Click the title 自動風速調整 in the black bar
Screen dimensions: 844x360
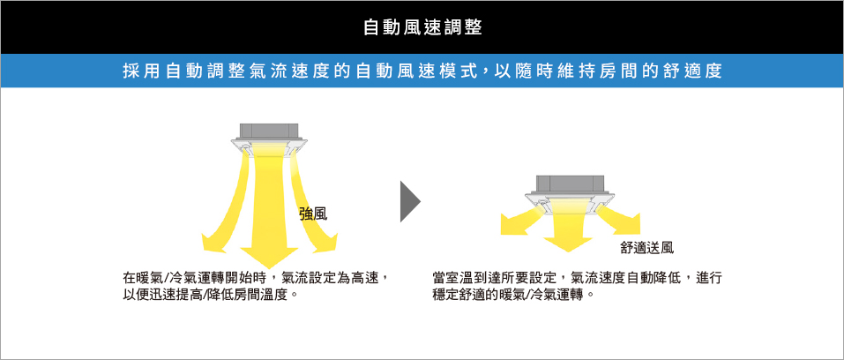tap(422, 27)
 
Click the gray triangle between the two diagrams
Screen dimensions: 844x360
tap(410, 201)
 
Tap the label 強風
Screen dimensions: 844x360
tap(313, 214)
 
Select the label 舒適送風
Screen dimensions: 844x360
tap(646, 247)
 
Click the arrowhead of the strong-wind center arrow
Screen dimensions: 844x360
tap(269, 258)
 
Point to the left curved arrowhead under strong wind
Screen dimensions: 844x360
tap(213, 243)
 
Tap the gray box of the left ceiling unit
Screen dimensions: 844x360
tap(269, 131)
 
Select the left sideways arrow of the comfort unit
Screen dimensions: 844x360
tap(521, 221)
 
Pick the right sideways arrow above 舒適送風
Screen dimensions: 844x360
tap(618, 222)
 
